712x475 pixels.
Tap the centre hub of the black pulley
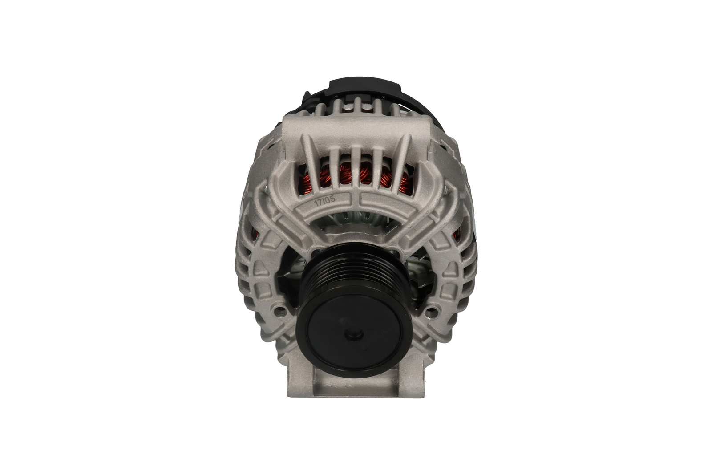click(x=353, y=333)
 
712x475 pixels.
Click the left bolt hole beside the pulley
click(x=279, y=309)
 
